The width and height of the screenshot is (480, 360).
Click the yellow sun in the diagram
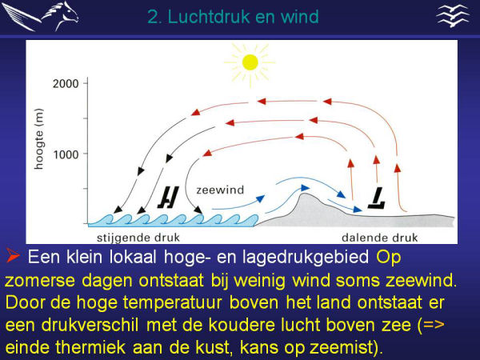pos(250,61)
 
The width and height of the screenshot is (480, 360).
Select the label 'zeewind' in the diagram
pos(220,190)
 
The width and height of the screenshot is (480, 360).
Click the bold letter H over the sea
pos(169,195)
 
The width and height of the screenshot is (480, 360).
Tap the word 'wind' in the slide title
pos(300,16)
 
